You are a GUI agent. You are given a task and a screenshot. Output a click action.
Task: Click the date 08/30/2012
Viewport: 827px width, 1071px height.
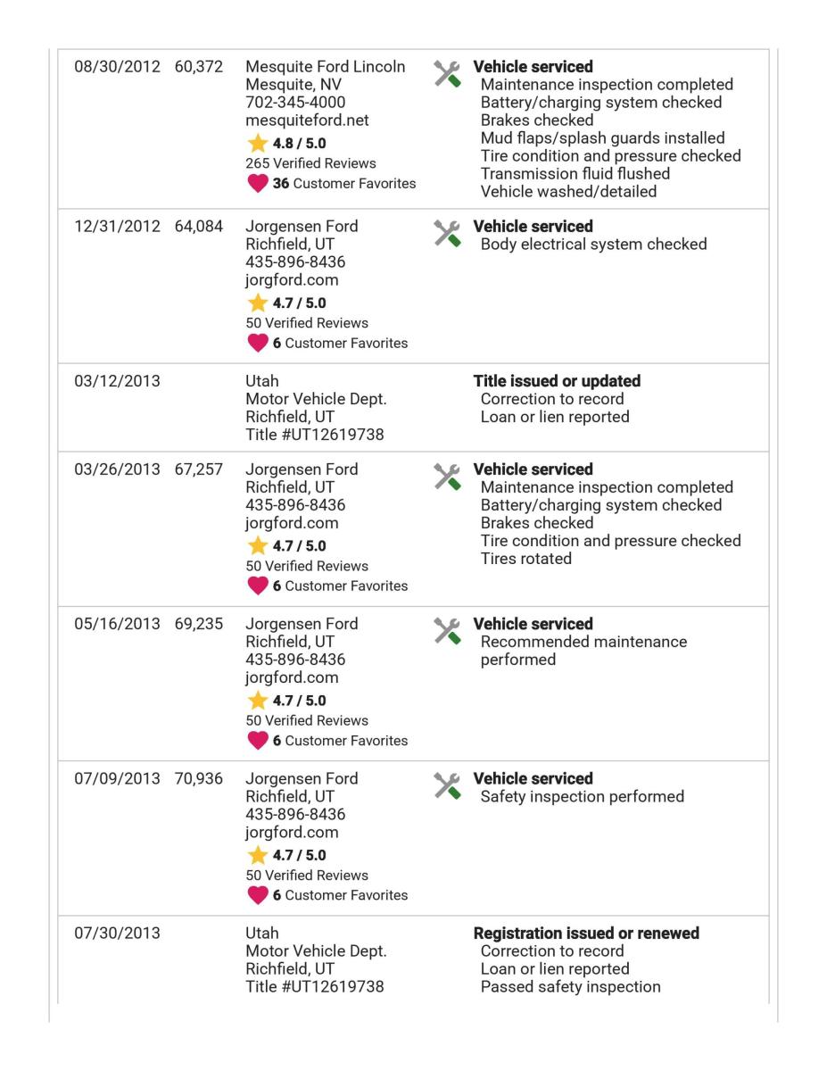[x=115, y=68]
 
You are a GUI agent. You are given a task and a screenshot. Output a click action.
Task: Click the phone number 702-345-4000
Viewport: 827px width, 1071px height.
[x=295, y=103]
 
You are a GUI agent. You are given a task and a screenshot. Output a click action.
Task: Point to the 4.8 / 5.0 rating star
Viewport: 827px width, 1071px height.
[x=257, y=143]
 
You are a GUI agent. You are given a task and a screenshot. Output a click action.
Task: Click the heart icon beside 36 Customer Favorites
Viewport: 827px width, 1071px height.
[x=257, y=184]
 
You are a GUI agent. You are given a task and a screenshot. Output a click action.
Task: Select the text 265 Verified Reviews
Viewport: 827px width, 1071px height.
[x=310, y=163]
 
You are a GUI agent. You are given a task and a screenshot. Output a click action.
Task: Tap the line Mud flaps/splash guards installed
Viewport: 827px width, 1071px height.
[x=602, y=138]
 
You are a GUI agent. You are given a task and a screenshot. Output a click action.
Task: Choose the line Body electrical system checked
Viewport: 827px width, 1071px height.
[x=593, y=245]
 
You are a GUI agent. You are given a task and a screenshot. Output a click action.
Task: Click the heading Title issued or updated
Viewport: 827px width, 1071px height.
[x=557, y=381]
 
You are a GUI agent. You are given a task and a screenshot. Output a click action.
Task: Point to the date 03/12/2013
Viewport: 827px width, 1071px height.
[x=115, y=381]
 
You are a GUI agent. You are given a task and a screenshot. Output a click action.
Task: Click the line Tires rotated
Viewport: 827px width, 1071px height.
[x=526, y=559]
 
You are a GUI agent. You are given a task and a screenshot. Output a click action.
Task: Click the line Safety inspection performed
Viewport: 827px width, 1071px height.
[x=582, y=796]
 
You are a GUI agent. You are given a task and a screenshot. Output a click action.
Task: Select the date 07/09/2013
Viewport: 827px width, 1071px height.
[x=115, y=778]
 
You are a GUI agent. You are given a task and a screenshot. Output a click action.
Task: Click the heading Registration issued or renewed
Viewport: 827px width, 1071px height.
[x=586, y=934]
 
